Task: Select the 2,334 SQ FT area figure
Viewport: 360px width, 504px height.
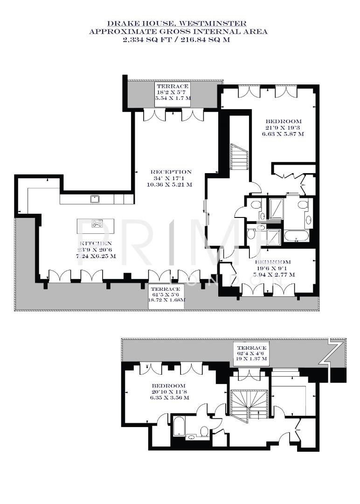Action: [148, 40]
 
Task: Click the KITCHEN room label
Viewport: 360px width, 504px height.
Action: [96, 244]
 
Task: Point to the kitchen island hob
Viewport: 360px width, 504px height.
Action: [97, 224]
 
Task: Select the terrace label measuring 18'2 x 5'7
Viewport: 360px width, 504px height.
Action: [173, 87]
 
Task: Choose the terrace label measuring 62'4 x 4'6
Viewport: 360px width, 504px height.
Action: [251, 348]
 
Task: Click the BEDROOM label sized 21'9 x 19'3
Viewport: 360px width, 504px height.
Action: [283, 121]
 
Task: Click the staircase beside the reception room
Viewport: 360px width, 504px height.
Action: [239, 157]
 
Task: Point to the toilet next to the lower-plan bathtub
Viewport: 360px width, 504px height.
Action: [204, 430]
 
